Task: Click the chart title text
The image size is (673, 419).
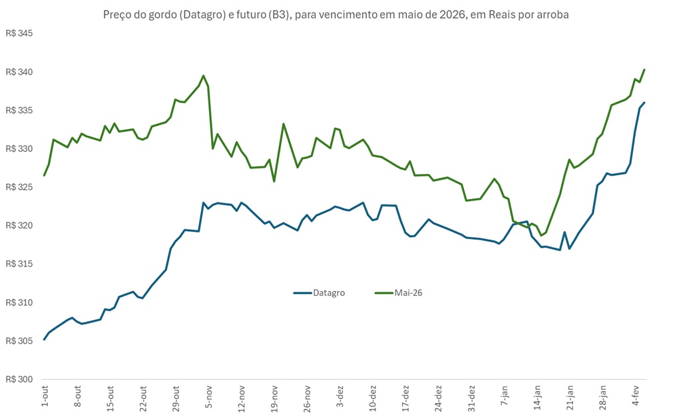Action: click(x=336, y=15)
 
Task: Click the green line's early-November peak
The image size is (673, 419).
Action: click(x=204, y=76)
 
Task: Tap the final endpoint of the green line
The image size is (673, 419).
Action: click(x=644, y=69)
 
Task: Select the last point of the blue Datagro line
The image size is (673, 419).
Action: click(x=644, y=103)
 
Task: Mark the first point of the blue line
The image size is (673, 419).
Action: click(x=44, y=340)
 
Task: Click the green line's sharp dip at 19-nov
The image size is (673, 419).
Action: click(x=274, y=181)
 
